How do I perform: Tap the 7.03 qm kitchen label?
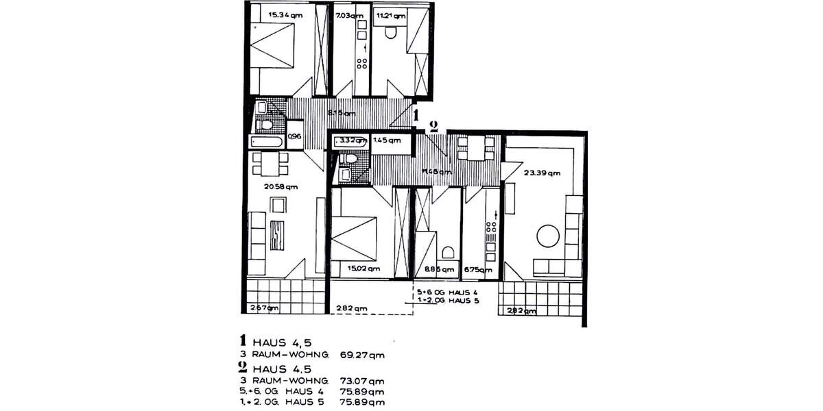[346, 13]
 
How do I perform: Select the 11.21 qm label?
[388, 13]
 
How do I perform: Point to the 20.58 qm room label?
[283, 186]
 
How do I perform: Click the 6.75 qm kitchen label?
[478, 270]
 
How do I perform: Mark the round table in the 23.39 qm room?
[547, 236]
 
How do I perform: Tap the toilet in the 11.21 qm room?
[392, 32]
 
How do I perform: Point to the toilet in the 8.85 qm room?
[449, 251]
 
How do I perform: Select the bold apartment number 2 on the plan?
[433, 125]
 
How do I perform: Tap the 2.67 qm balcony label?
[264, 308]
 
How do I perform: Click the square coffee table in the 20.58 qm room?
[278, 205]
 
